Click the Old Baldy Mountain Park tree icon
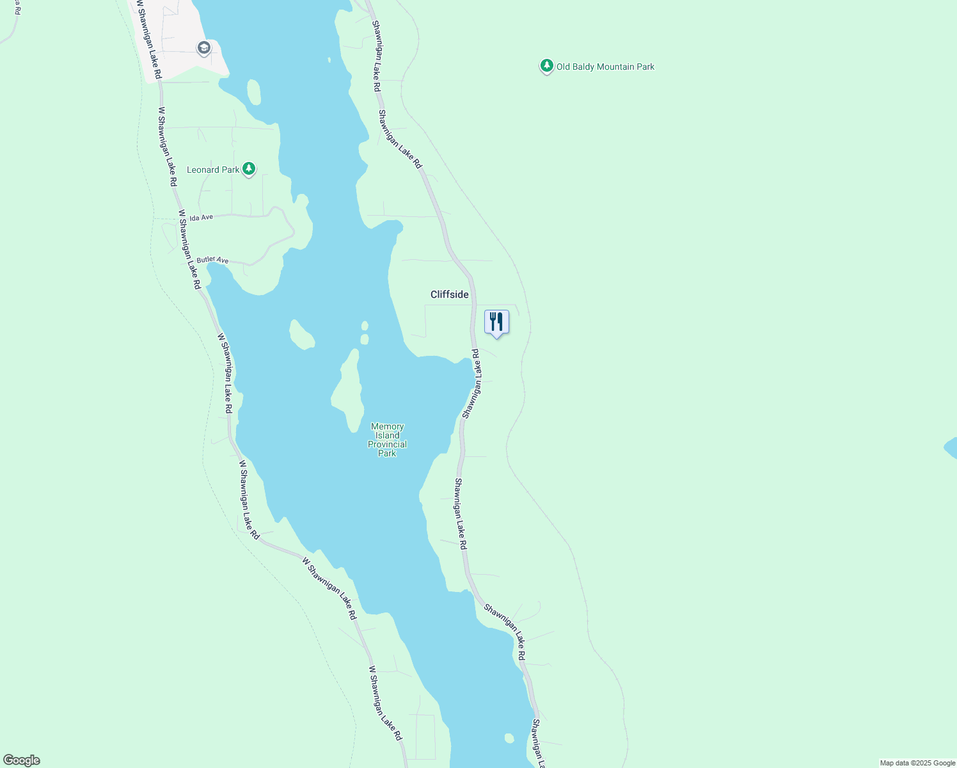pos(546,66)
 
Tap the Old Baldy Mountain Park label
pos(605,67)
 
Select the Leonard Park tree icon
pos(249,169)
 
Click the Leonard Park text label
pos(212,170)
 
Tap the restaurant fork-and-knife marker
pos(496,322)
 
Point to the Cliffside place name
pos(449,294)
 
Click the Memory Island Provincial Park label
pos(387,440)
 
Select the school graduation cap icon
pos(203,48)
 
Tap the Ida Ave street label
pos(201,218)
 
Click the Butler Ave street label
pos(212,260)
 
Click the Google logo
pos(22,760)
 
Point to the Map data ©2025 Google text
pos(917,763)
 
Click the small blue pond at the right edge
pos(951,448)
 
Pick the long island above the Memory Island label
pos(348,390)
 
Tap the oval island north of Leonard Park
pos(254,92)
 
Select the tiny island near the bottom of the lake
pos(509,738)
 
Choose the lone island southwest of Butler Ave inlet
pos(301,335)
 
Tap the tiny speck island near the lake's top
pos(329,60)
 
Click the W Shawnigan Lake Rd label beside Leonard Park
pos(168,147)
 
